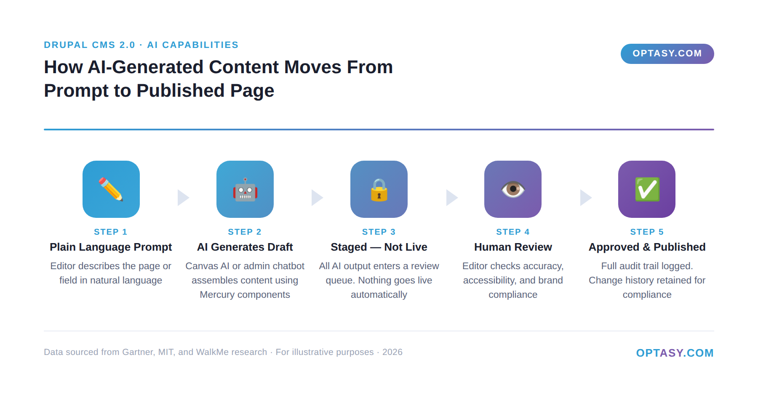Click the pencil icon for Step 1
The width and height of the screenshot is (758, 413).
(111, 189)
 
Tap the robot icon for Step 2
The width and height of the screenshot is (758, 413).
(245, 189)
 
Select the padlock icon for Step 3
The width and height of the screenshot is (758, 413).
(379, 190)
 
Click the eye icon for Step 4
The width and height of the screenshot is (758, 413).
(513, 189)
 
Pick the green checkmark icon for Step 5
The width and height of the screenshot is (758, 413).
(647, 189)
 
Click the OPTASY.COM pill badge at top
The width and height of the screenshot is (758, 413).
(667, 54)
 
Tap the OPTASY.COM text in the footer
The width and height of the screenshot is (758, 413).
(675, 353)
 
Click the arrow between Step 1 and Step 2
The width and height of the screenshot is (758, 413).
(183, 198)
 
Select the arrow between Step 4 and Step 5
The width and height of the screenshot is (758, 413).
(585, 198)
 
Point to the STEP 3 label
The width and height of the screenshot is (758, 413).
(379, 232)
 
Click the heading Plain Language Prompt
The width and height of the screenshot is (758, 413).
(111, 247)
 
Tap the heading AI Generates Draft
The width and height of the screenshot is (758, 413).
(245, 247)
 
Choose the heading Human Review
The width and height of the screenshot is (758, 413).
(513, 247)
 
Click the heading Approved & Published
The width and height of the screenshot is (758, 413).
(647, 247)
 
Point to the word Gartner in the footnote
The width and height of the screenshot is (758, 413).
(137, 352)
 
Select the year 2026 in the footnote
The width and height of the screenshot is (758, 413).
(392, 352)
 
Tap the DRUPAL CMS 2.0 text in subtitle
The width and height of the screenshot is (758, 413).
(89, 45)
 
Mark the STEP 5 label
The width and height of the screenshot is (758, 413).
(647, 232)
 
